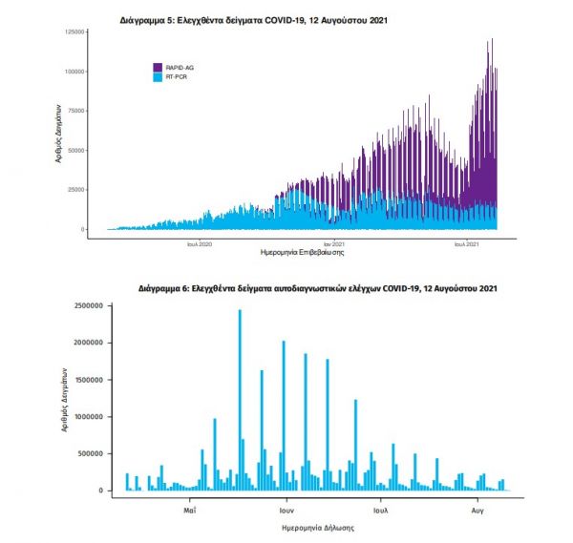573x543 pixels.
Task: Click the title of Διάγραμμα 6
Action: click(x=317, y=286)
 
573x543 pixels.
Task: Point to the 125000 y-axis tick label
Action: click(x=71, y=32)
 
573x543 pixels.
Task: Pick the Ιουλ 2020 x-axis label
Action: click(x=200, y=245)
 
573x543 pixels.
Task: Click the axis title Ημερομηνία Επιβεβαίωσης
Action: click(x=302, y=255)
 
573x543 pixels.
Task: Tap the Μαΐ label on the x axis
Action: click(x=190, y=499)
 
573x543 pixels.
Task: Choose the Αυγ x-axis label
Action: click(x=477, y=499)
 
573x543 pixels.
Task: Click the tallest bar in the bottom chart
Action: click(x=240, y=401)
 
